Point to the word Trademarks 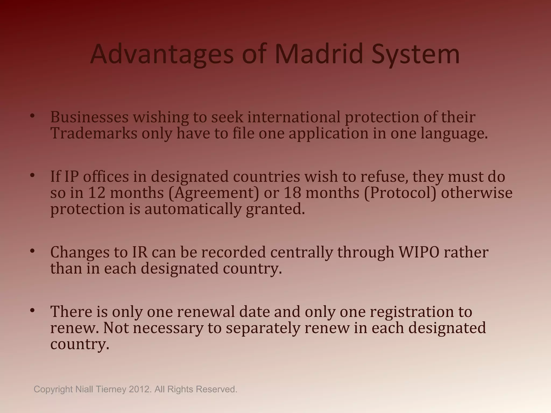(94, 133)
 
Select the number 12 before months (97, 193)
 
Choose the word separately (263, 328)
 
